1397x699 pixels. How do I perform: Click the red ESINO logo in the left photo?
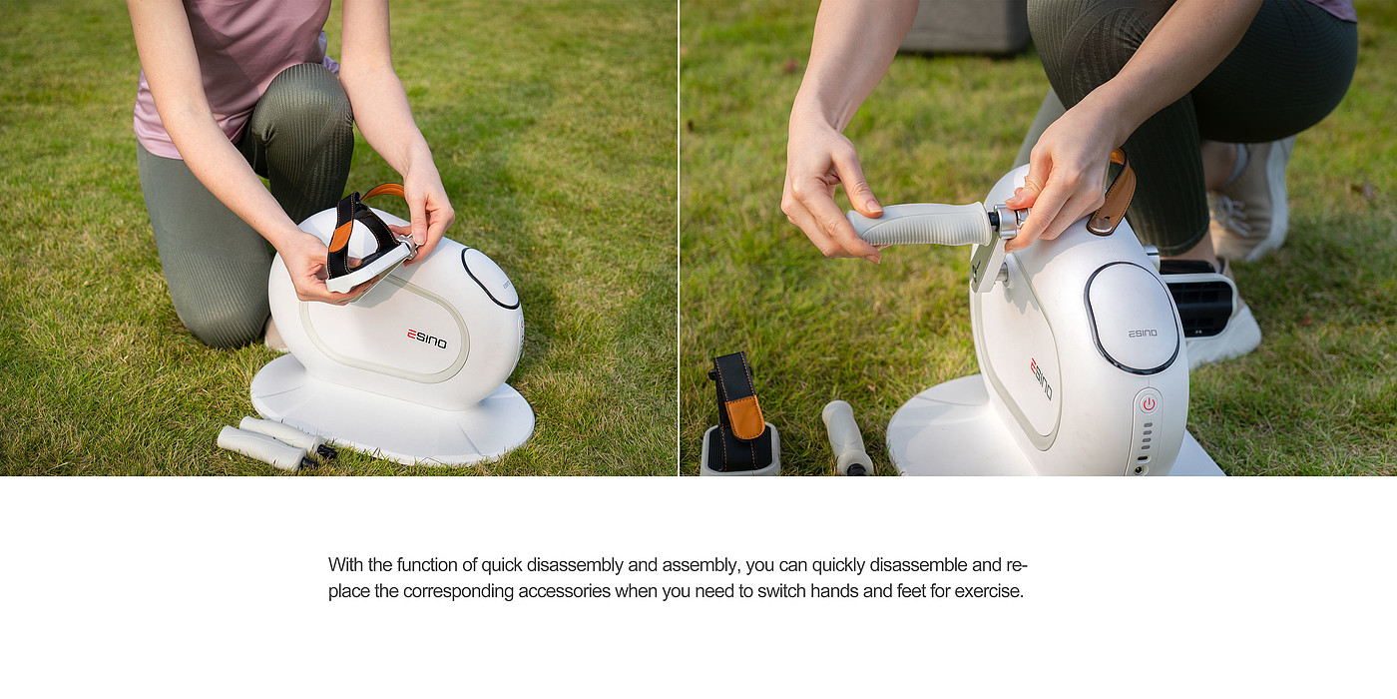point(427,339)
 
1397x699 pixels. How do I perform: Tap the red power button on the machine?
point(1149,403)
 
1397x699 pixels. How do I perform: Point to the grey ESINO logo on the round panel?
point(1143,334)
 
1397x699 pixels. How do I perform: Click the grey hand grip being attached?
point(920,224)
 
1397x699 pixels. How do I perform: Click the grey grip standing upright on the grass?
point(846,438)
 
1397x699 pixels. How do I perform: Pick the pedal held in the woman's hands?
point(367,247)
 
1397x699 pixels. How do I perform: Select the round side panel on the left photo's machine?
point(491,278)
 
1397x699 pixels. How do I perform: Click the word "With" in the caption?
point(346,565)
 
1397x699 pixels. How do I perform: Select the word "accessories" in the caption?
point(564,591)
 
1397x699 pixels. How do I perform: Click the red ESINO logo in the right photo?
point(1041,378)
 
